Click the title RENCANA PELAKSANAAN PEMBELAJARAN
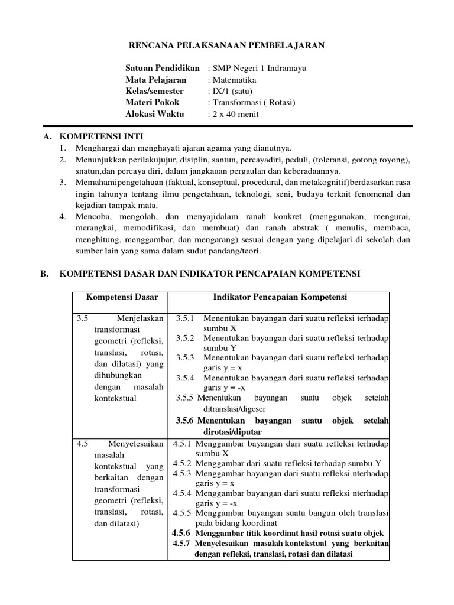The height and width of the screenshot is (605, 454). pyautogui.click(x=227, y=45)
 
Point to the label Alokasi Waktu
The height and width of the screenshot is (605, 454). pyautogui.click(x=155, y=114)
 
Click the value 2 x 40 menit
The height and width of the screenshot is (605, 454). pyautogui.click(x=236, y=114)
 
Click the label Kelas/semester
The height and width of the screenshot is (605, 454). pyautogui.click(x=154, y=91)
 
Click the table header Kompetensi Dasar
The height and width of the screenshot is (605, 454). pyautogui.click(x=118, y=297)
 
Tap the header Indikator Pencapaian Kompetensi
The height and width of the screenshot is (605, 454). pyautogui.click(x=280, y=297)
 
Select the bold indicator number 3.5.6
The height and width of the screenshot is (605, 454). pyautogui.click(x=186, y=421)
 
